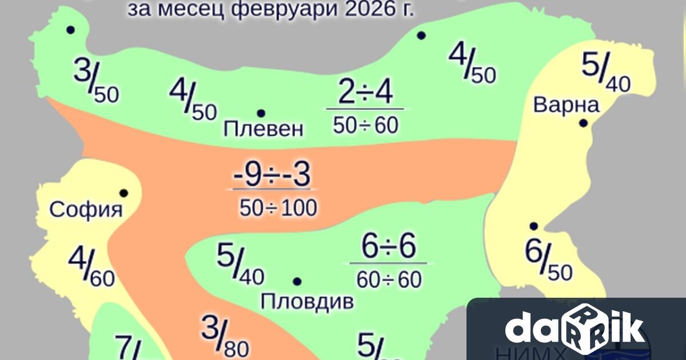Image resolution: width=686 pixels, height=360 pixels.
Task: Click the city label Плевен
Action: (263, 130)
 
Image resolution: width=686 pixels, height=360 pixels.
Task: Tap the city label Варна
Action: (566, 105)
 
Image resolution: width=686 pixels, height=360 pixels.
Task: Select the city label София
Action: (86, 210)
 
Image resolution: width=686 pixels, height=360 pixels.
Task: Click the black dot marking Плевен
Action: (261, 113)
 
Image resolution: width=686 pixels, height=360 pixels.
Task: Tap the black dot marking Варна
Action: (583, 123)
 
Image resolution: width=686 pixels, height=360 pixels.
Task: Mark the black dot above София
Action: (123, 193)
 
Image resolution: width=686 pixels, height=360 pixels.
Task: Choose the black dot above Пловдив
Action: (297, 281)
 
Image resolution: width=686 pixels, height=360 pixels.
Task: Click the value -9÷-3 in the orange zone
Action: (271, 177)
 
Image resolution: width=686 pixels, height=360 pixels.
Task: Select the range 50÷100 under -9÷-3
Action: (278, 209)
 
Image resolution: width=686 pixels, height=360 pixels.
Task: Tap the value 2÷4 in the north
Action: (365, 93)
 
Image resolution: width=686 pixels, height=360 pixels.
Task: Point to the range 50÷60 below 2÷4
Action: (365, 126)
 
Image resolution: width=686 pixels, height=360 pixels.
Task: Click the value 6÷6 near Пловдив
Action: (389, 247)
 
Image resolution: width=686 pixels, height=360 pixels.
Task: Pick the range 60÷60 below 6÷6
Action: (389, 280)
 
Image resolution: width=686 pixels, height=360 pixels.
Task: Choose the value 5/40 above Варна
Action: (605, 72)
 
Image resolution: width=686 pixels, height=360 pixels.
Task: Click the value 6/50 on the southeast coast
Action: (548, 261)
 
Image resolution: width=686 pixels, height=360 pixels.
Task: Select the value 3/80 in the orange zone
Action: (225, 335)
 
